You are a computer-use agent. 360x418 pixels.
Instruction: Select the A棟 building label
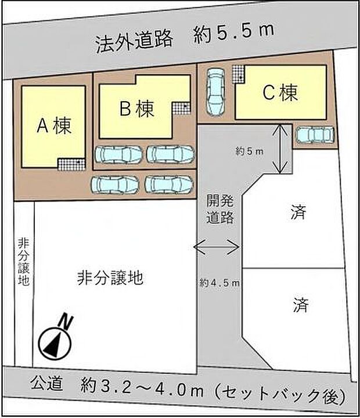(54, 126)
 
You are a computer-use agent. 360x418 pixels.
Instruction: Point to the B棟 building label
(137, 109)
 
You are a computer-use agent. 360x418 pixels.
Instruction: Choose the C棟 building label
(280, 92)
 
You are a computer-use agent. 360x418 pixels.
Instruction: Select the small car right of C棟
(314, 135)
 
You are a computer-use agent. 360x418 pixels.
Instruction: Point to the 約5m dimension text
(250, 152)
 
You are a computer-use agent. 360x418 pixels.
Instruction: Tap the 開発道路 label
(220, 211)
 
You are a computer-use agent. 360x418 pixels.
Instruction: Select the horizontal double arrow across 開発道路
(217, 248)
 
